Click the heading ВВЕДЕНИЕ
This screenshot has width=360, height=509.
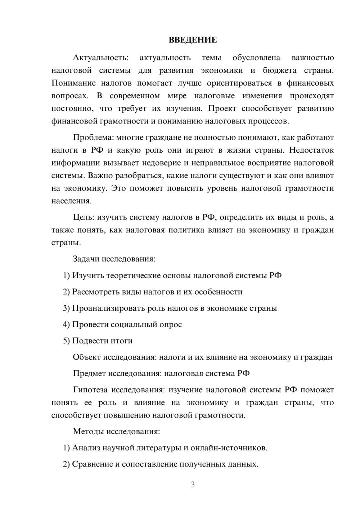(193, 40)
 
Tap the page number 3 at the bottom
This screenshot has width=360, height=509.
(193, 485)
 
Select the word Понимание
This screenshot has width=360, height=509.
(73, 83)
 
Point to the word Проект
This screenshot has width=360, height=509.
(222, 108)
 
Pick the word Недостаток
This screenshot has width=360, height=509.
(311, 150)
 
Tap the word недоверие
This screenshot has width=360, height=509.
(162, 163)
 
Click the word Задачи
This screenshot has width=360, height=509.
(86, 259)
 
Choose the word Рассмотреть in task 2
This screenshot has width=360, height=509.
(95, 292)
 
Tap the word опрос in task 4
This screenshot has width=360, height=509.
(171, 324)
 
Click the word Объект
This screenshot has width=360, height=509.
(87, 357)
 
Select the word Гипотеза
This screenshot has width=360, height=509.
(90, 390)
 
